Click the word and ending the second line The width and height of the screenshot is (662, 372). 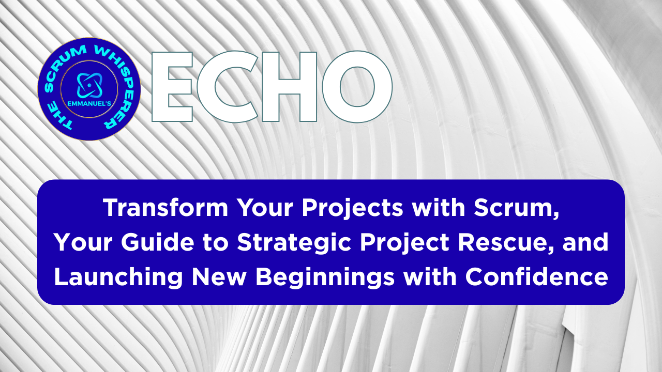(589, 243)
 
